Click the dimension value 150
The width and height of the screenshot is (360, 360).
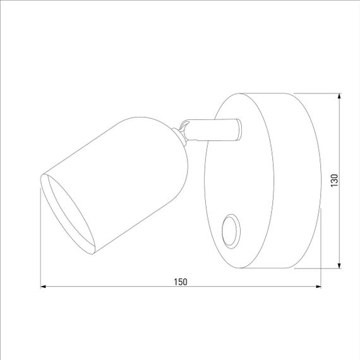click(x=181, y=281)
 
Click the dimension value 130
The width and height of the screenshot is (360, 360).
click(x=334, y=180)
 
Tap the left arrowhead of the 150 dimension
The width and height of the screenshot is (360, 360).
click(x=45, y=287)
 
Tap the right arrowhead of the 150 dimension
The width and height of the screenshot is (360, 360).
click(x=316, y=287)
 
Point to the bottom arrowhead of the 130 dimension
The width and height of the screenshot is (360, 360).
click(x=340, y=263)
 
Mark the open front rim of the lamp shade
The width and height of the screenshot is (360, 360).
click(x=66, y=212)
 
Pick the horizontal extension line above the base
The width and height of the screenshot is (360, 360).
click(x=319, y=93)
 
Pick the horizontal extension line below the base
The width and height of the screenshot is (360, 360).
click(x=319, y=268)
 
